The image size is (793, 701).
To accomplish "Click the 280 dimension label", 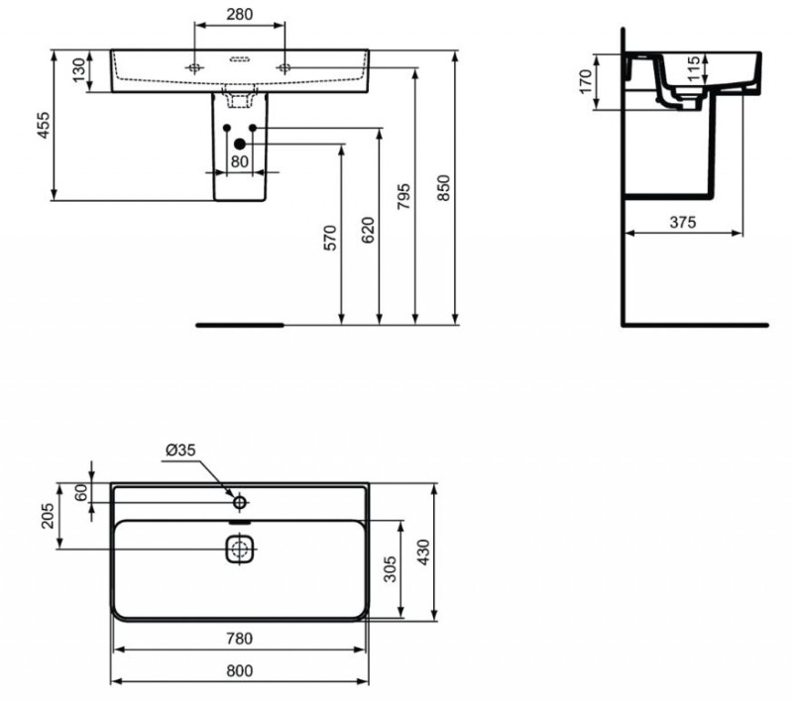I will (239, 15).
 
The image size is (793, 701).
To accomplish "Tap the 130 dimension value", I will (78, 71).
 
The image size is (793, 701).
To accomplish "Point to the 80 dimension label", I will (239, 161).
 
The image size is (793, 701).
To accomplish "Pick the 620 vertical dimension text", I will (370, 230).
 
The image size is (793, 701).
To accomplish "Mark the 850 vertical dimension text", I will (444, 187).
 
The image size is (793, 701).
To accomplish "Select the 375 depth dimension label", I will (682, 223).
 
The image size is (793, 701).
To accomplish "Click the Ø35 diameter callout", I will (180, 450).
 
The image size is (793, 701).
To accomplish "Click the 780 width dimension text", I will (239, 639).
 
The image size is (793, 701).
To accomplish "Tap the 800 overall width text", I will (239, 670).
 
